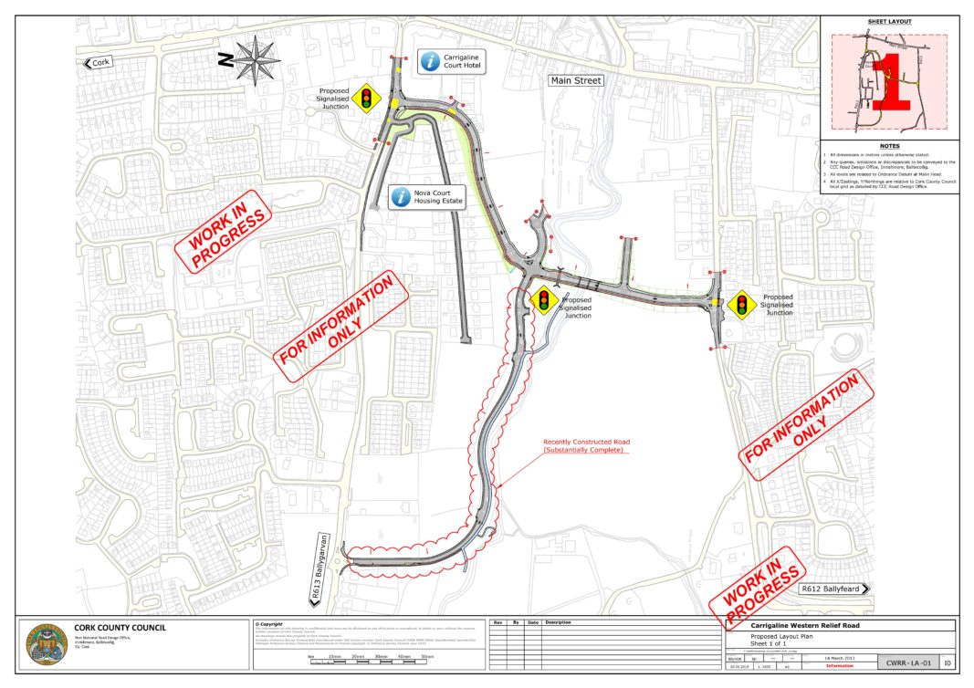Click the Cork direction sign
[99, 63]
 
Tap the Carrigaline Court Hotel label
[466, 61]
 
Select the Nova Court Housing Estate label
[438, 197]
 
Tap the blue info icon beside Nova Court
[399, 197]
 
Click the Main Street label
[576, 81]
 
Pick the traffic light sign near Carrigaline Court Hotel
[367, 97]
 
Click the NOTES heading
[889, 146]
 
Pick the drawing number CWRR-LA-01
[904, 662]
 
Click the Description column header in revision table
[559, 622]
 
